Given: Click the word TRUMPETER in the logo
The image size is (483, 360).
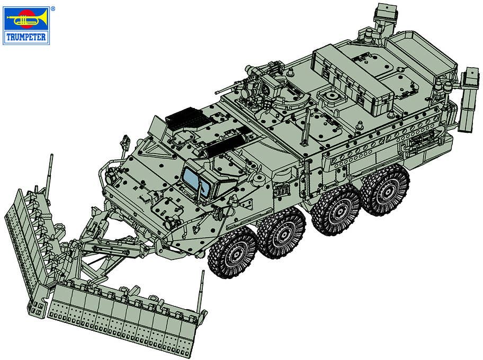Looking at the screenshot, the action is (26, 37).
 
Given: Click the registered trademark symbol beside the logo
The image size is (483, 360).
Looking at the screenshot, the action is (52, 8).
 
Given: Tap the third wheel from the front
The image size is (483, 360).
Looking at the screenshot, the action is (337, 210).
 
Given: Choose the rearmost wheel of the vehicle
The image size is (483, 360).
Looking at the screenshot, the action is (386, 190).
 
